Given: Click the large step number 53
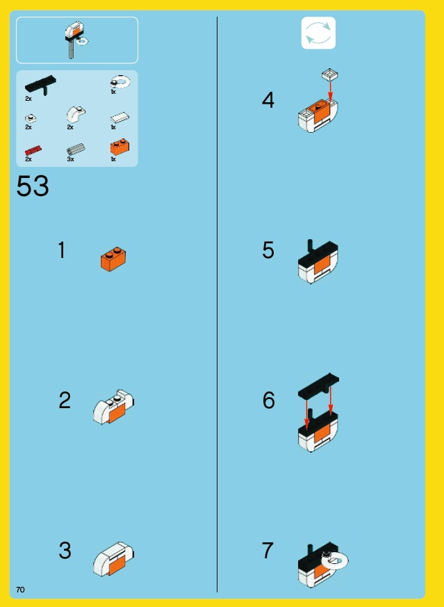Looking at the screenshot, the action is (33, 186).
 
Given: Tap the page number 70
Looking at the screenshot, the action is (20, 589).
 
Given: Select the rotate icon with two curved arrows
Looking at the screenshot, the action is (318, 33).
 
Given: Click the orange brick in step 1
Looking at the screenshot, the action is (113, 259).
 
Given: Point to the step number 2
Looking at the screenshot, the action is (65, 400).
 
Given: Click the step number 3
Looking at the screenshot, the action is (65, 550).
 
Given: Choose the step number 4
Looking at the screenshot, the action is (268, 100).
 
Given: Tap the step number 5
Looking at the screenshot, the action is (268, 250).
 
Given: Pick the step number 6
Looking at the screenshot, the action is (268, 400).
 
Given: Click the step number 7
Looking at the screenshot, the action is (268, 550).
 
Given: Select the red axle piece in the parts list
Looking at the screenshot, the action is (33, 150).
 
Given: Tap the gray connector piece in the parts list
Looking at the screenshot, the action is (76, 149).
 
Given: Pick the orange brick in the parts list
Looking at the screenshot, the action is (120, 147).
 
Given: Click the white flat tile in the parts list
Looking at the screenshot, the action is (120, 118).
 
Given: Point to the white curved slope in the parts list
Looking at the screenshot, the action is (76, 115).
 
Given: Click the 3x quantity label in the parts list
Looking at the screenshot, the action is (70, 159).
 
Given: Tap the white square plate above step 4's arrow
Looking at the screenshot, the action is (330, 74).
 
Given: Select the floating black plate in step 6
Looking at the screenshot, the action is (318, 386).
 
